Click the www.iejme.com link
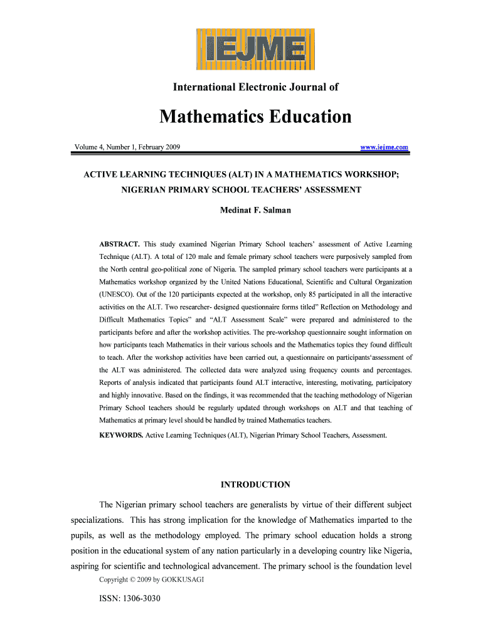coord(384,147)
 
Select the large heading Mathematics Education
coord(255,117)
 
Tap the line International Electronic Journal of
coord(255,88)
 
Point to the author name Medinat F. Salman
coord(255,210)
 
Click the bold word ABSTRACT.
coord(120,244)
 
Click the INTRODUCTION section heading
coord(255,485)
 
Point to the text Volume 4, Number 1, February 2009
coord(127,147)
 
